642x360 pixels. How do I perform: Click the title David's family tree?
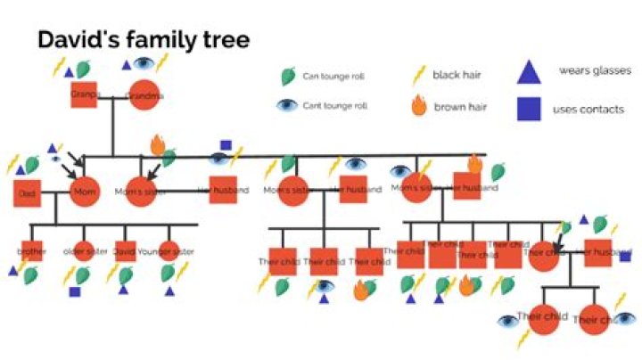coord(143,40)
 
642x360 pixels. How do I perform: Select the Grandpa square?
coord(84,94)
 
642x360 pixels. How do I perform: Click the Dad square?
coord(28,192)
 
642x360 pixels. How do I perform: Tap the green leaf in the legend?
coord(288,77)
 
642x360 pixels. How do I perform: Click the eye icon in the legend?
coord(287,105)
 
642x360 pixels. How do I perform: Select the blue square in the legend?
coord(529,109)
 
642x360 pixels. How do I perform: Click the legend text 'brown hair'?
coord(457,107)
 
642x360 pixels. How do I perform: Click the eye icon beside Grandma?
coord(144,64)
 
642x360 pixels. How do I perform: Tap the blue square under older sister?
coord(75,291)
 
